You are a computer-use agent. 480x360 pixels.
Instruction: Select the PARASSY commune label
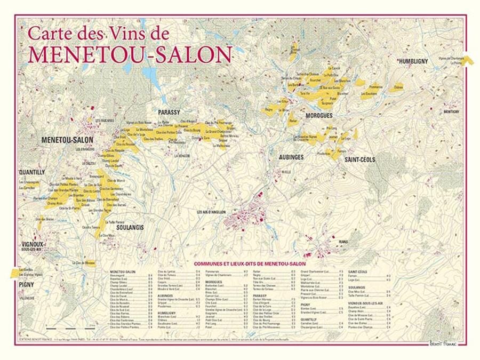(x=170, y=111)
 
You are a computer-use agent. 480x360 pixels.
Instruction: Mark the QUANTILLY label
(x=31, y=172)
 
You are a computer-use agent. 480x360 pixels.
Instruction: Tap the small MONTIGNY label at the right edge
(x=450, y=111)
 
